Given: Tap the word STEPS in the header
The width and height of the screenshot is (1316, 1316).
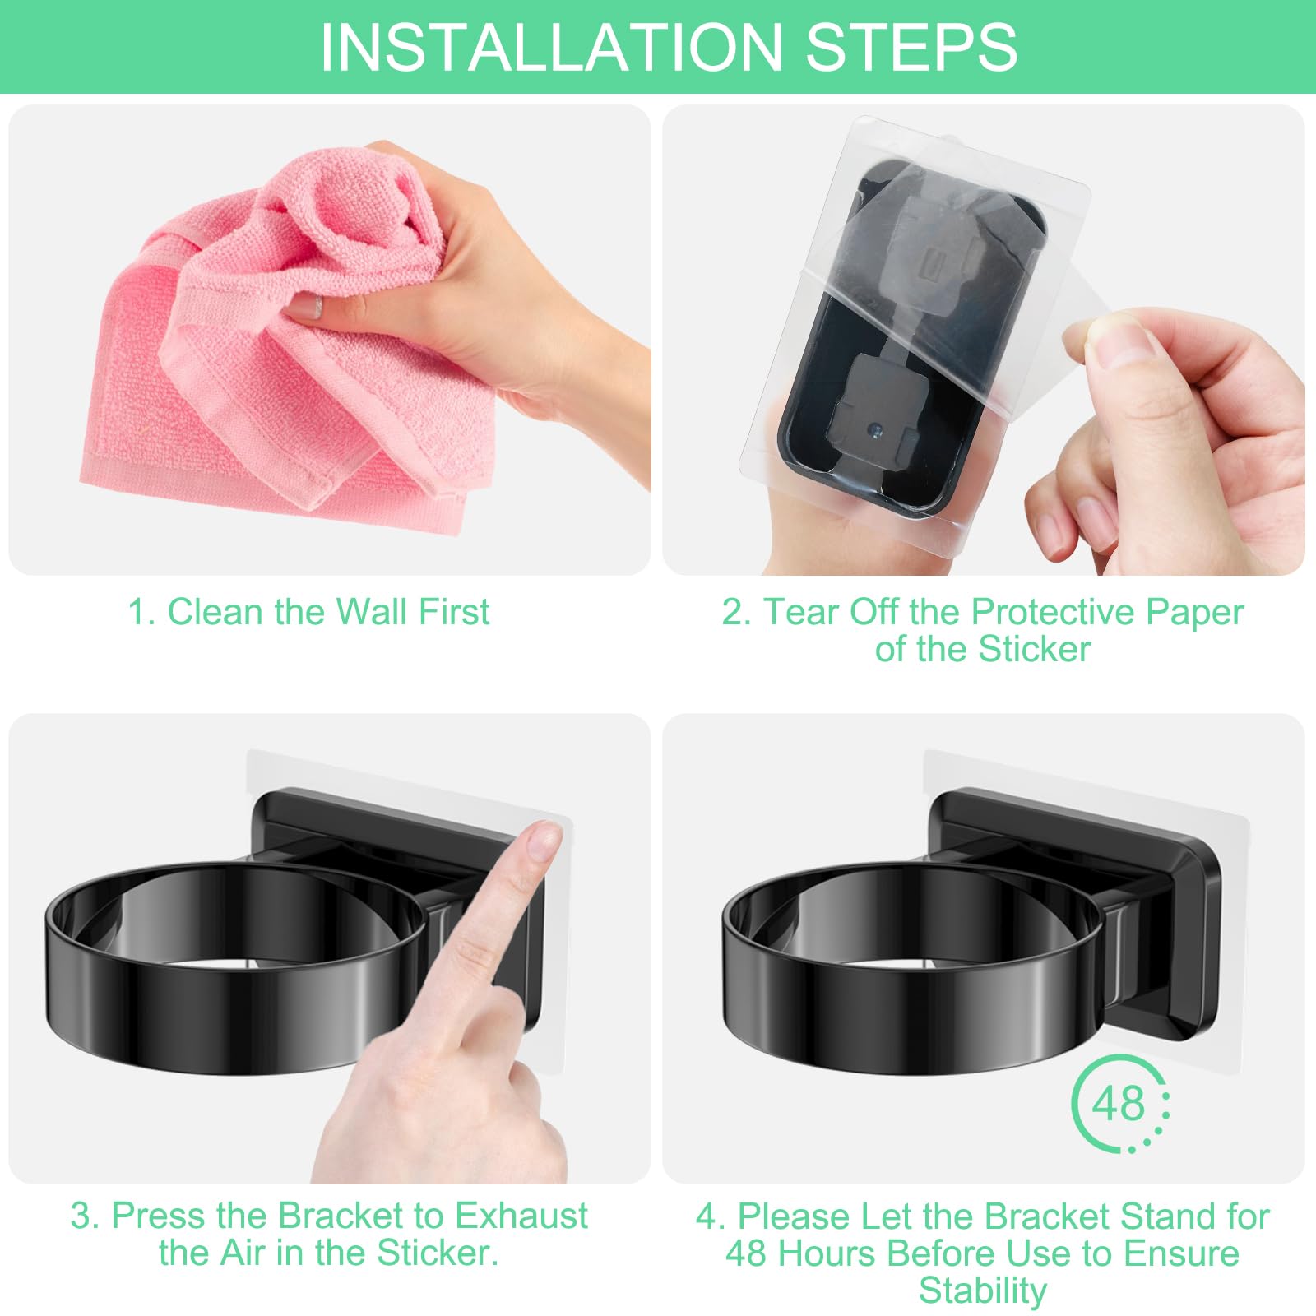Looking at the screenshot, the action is point(911,47).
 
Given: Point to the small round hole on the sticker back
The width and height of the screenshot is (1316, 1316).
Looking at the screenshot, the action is point(874,429).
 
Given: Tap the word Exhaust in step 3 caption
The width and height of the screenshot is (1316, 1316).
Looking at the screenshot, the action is point(521,1216).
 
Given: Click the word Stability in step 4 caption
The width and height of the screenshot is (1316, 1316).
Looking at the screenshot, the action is point(983,1291).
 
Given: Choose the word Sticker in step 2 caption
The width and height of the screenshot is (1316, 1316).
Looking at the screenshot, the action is point(1034,649).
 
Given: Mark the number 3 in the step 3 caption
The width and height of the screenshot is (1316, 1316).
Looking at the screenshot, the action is point(80,1216).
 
